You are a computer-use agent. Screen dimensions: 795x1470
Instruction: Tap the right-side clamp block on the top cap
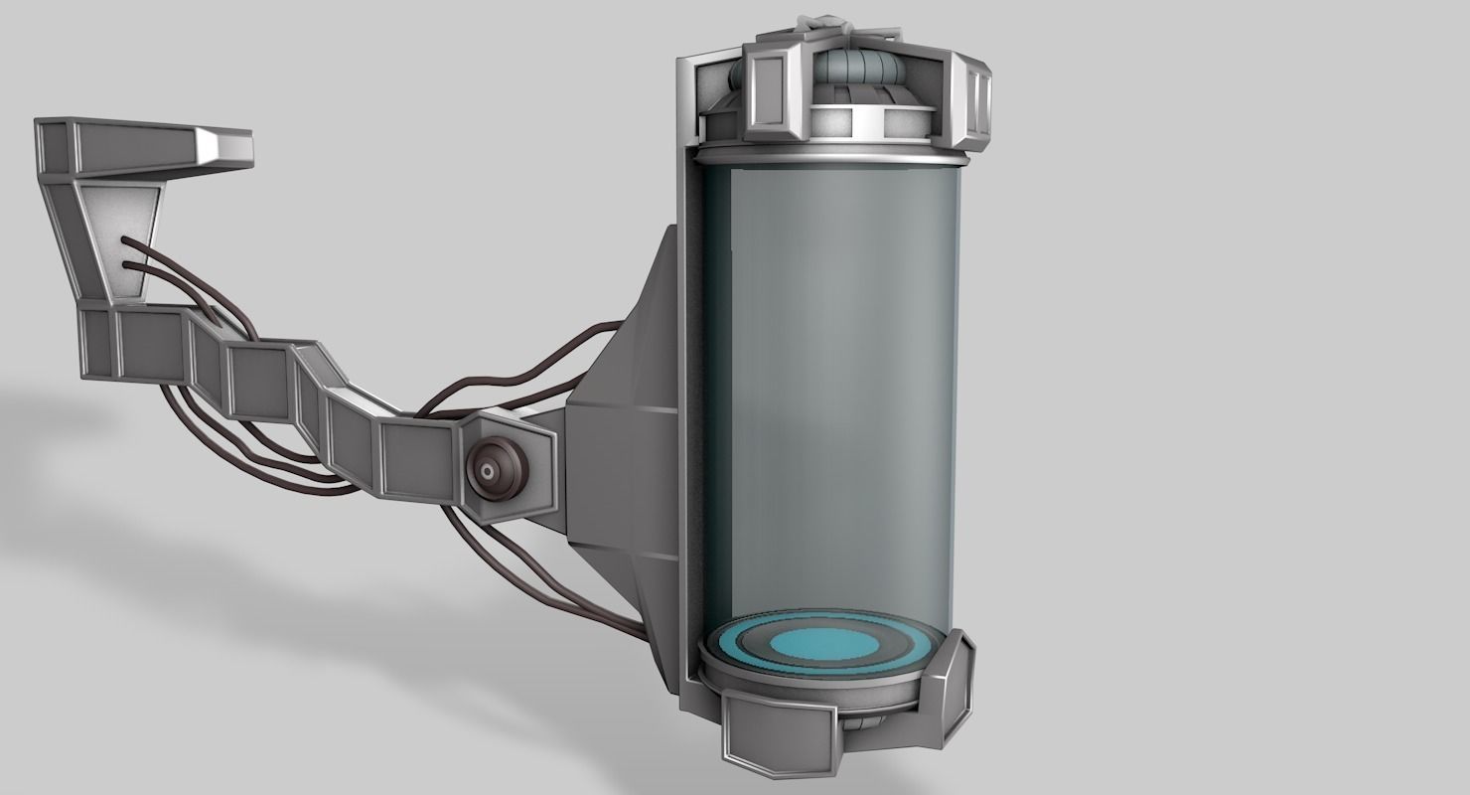[973, 99]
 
